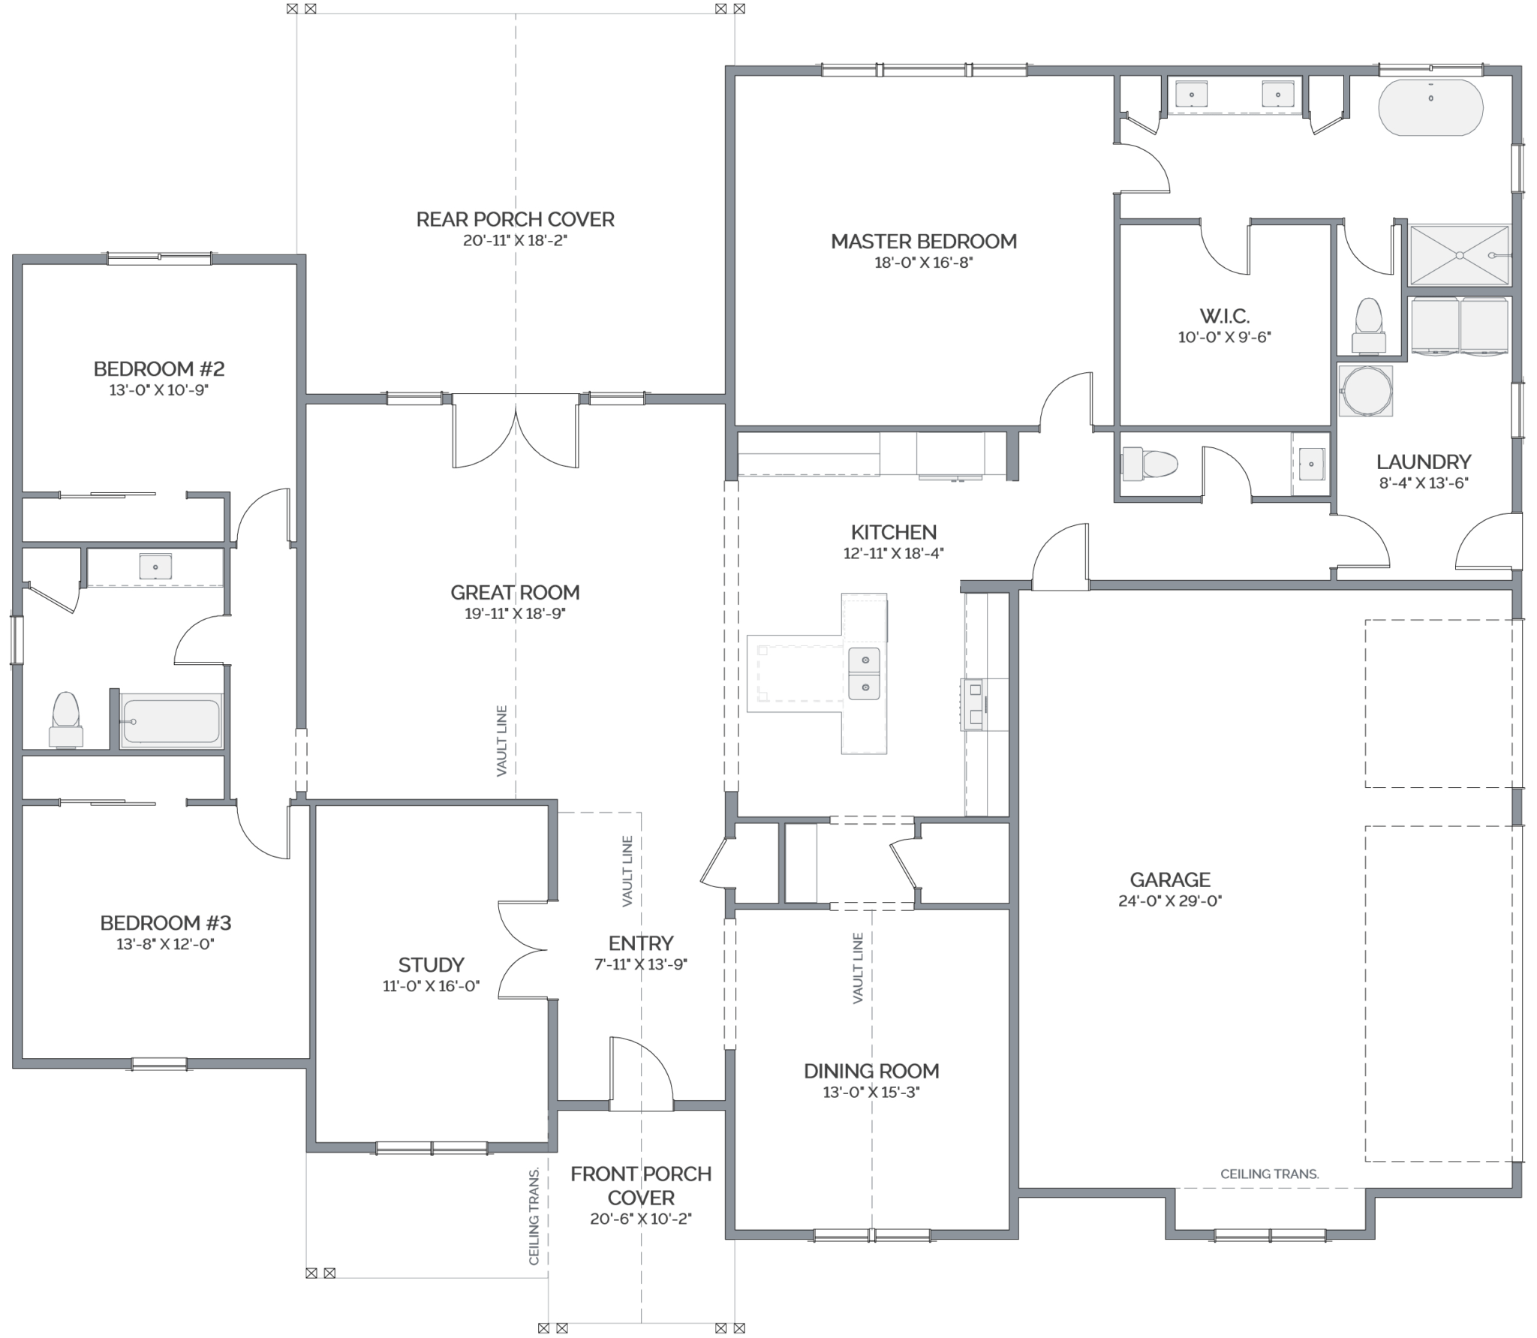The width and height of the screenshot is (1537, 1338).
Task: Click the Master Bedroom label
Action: click(x=923, y=242)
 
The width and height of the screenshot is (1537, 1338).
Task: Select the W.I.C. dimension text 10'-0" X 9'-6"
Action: click(x=1224, y=338)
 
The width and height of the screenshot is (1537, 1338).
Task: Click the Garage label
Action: click(x=1170, y=879)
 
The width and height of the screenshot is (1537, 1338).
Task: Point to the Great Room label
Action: click(x=515, y=593)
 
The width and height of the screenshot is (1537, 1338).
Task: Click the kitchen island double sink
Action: click(x=865, y=673)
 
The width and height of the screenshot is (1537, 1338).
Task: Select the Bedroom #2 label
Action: click(x=159, y=369)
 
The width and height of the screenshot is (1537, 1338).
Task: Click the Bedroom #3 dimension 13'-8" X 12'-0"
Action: click(x=165, y=944)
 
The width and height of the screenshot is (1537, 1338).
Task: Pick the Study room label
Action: click(x=431, y=964)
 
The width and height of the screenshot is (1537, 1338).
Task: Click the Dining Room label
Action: click(x=871, y=1071)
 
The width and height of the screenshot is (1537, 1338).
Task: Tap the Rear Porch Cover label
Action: click(x=515, y=219)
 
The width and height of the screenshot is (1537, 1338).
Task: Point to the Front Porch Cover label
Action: click(x=641, y=1186)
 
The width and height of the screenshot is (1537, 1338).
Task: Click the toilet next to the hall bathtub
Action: click(x=66, y=719)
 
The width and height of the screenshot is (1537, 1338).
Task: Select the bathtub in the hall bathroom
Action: click(x=171, y=720)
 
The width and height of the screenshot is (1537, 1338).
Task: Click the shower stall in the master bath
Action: click(x=1459, y=255)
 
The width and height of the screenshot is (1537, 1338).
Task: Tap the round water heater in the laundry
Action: click(x=1366, y=390)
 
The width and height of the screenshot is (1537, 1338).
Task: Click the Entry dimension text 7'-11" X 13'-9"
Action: click(x=640, y=964)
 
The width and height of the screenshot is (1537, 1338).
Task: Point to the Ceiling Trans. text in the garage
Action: click(x=1269, y=1174)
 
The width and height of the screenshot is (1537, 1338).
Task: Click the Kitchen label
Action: click(x=893, y=533)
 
